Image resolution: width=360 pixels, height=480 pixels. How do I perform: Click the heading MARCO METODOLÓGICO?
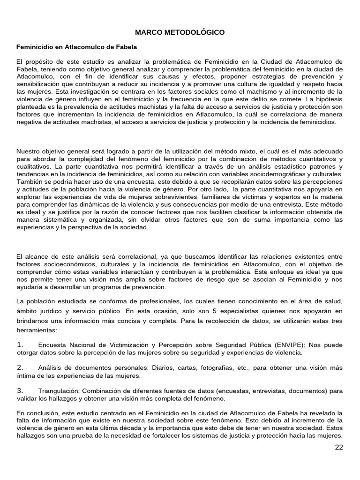[x=180, y=32]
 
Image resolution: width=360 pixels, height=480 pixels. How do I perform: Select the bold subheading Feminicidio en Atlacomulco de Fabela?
[x=76, y=47]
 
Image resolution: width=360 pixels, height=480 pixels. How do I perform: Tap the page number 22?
[x=339, y=447]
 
